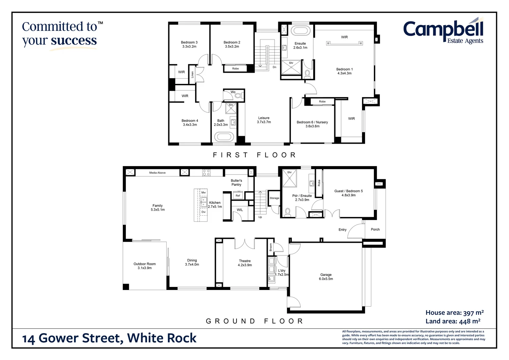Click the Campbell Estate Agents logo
[443, 32]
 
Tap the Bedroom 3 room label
[189, 44]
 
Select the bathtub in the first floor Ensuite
[300, 31]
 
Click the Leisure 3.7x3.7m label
[264, 120]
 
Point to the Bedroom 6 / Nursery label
[312, 124]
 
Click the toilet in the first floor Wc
[238, 96]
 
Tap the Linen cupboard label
[192, 74]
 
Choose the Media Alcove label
[157, 173]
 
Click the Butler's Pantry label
[236, 183]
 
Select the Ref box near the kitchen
[238, 196]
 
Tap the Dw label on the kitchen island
[204, 212]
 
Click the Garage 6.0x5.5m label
[326, 277]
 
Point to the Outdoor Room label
[145, 266]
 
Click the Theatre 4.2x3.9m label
[245, 263]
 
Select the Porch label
[375, 230]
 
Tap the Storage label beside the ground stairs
[274, 198]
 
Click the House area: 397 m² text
[454, 313]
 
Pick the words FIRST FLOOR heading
[254, 155]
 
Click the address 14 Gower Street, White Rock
[109, 338]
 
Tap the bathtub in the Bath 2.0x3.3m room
[224, 137]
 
